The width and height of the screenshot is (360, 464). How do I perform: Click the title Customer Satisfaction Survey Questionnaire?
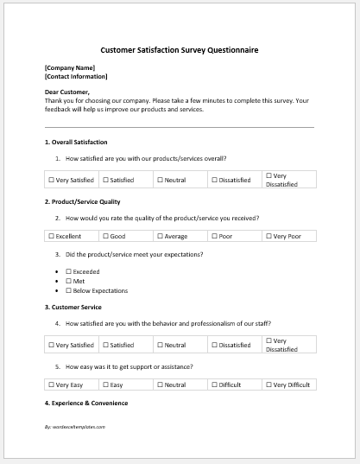point(180,50)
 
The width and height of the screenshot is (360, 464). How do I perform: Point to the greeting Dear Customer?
point(66,92)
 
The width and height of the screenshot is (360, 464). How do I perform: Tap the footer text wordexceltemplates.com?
point(74,427)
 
